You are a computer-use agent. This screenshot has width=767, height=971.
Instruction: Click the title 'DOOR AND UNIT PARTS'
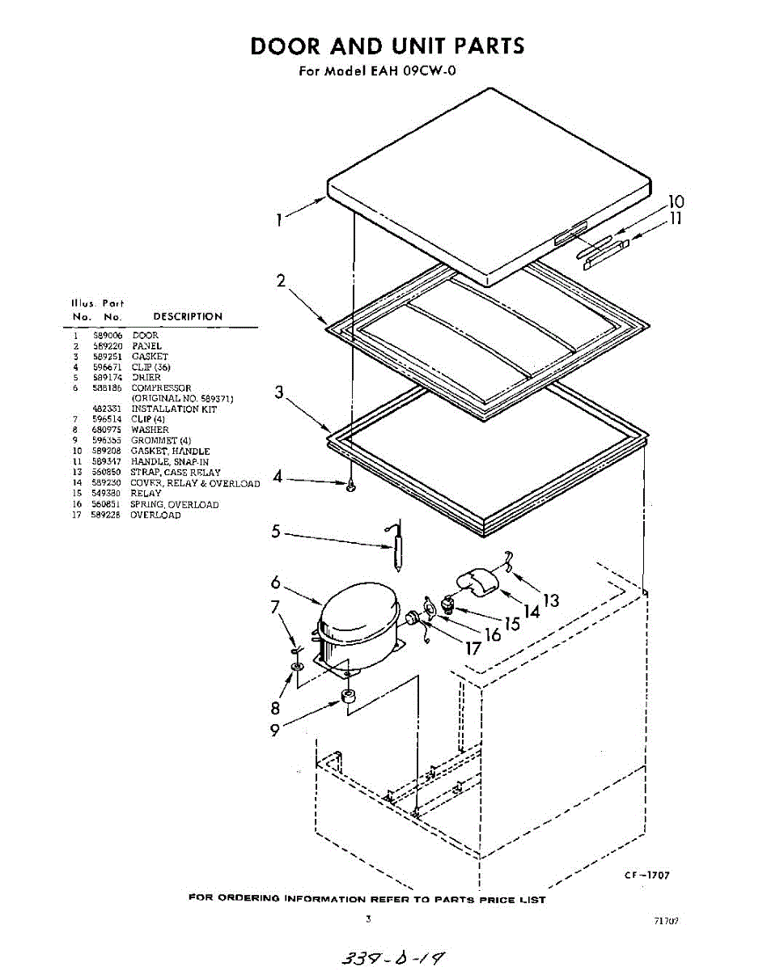coord(388,45)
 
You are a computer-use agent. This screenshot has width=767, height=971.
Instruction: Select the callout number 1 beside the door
coord(278,220)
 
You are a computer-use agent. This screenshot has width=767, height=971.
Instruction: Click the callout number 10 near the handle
coord(676,201)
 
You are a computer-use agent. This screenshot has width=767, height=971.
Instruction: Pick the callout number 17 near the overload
coord(472,647)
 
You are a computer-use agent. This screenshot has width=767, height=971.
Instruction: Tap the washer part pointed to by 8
coord(298,666)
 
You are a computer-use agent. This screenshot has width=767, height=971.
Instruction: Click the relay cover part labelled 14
coord(478,581)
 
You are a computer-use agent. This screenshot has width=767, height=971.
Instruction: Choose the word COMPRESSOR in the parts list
coord(161,388)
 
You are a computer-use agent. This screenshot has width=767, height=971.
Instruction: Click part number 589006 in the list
coord(108,335)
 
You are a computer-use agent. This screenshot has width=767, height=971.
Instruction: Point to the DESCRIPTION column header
coord(187,316)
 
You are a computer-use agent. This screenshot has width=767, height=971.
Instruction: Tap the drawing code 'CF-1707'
coord(646,876)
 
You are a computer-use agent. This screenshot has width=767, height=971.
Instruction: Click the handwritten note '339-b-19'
coord(395,956)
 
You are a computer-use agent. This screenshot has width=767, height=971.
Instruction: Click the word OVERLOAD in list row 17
coord(156,515)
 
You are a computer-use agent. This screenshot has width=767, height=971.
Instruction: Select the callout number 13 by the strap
coord(551,600)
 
